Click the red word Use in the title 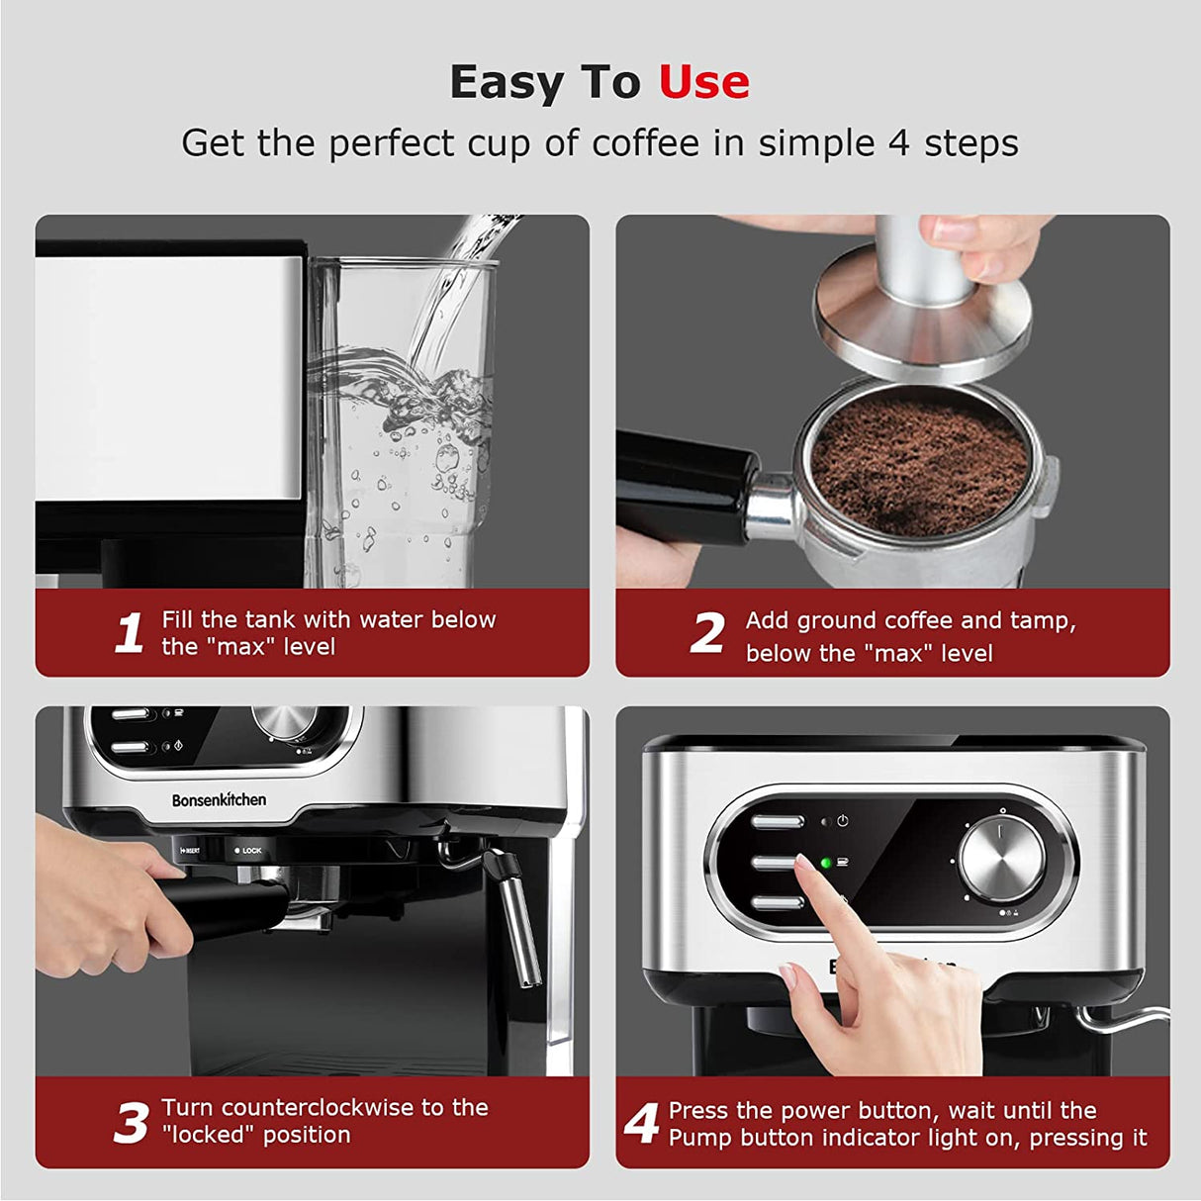point(703,82)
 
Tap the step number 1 point(130,633)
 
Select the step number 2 point(707,633)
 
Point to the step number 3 point(131,1123)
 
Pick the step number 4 point(642,1123)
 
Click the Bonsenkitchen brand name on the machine point(219,799)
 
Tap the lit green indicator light point(825,863)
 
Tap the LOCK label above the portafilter point(251,851)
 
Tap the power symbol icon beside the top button point(843,820)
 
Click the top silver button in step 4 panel point(778,821)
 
